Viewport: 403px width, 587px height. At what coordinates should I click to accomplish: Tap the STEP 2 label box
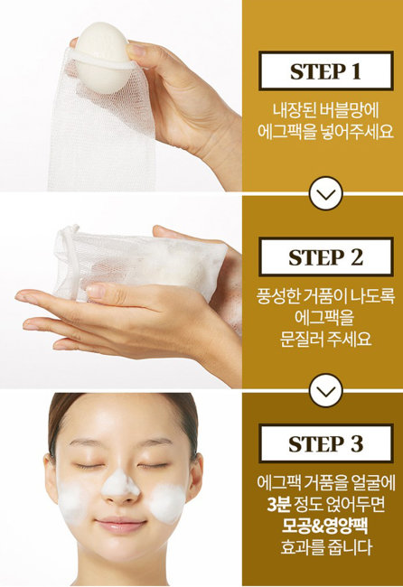(324, 256)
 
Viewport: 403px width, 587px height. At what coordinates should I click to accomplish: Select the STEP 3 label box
(324, 443)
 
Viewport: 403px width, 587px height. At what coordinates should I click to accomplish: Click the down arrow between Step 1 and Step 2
(324, 193)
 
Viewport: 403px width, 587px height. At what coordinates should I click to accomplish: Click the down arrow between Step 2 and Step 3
(324, 387)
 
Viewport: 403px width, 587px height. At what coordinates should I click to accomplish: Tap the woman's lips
(120, 524)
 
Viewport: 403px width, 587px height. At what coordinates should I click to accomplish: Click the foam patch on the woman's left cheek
(167, 502)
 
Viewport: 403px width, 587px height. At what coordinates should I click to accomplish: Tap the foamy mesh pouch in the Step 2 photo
(136, 262)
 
